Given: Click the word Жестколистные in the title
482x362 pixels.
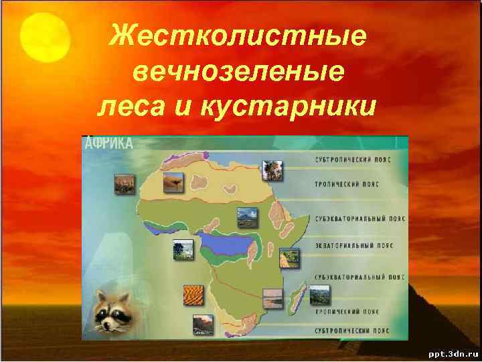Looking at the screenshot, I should pyautogui.click(x=238, y=36).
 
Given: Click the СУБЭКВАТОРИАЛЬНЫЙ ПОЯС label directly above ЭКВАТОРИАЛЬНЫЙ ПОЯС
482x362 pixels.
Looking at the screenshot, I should pyautogui.click(x=353, y=219).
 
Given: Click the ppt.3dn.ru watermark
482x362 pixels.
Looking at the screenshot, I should pyautogui.click(x=449, y=351).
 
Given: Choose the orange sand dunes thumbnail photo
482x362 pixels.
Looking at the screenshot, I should pyautogui.click(x=194, y=296).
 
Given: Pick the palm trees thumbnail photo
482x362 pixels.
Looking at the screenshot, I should pyautogui.click(x=272, y=171).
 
